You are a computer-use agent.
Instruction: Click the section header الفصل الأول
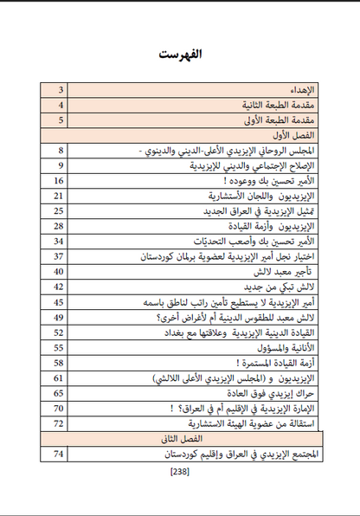point(299,136)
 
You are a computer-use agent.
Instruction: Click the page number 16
point(60,181)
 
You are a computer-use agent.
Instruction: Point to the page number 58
point(60,362)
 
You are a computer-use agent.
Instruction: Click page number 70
point(60,408)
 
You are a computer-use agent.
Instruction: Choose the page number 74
point(60,454)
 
